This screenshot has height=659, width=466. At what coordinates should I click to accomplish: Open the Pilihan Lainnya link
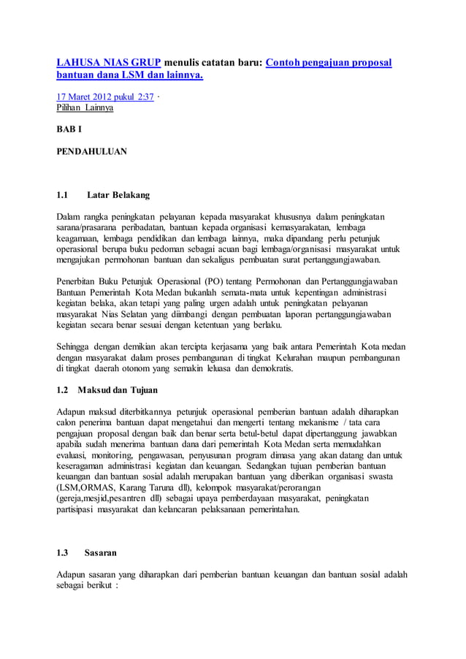[x=85, y=108]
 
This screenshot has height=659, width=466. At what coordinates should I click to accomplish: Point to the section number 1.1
[x=63, y=195]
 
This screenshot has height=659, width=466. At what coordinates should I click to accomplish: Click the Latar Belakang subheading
[x=118, y=195]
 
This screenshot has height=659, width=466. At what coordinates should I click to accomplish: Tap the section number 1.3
[x=63, y=552]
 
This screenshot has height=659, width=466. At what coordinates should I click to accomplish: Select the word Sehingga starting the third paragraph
[x=77, y=346]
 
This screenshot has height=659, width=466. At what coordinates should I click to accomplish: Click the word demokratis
[x=269, y=370]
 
